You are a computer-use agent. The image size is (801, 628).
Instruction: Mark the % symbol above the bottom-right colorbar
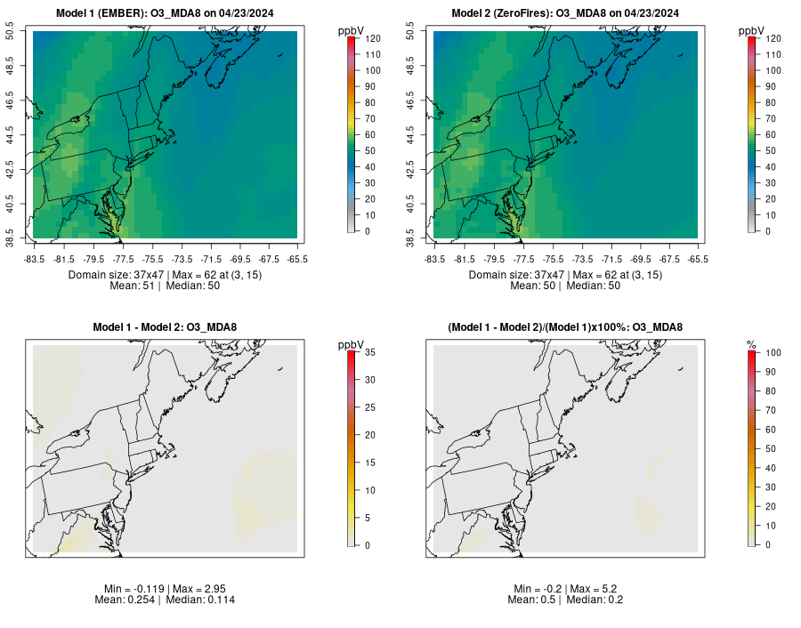click(751, 344)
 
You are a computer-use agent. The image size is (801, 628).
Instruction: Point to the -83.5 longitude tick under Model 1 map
click(35, 259)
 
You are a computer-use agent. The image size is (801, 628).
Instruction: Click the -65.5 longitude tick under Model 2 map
click(699, 259)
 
